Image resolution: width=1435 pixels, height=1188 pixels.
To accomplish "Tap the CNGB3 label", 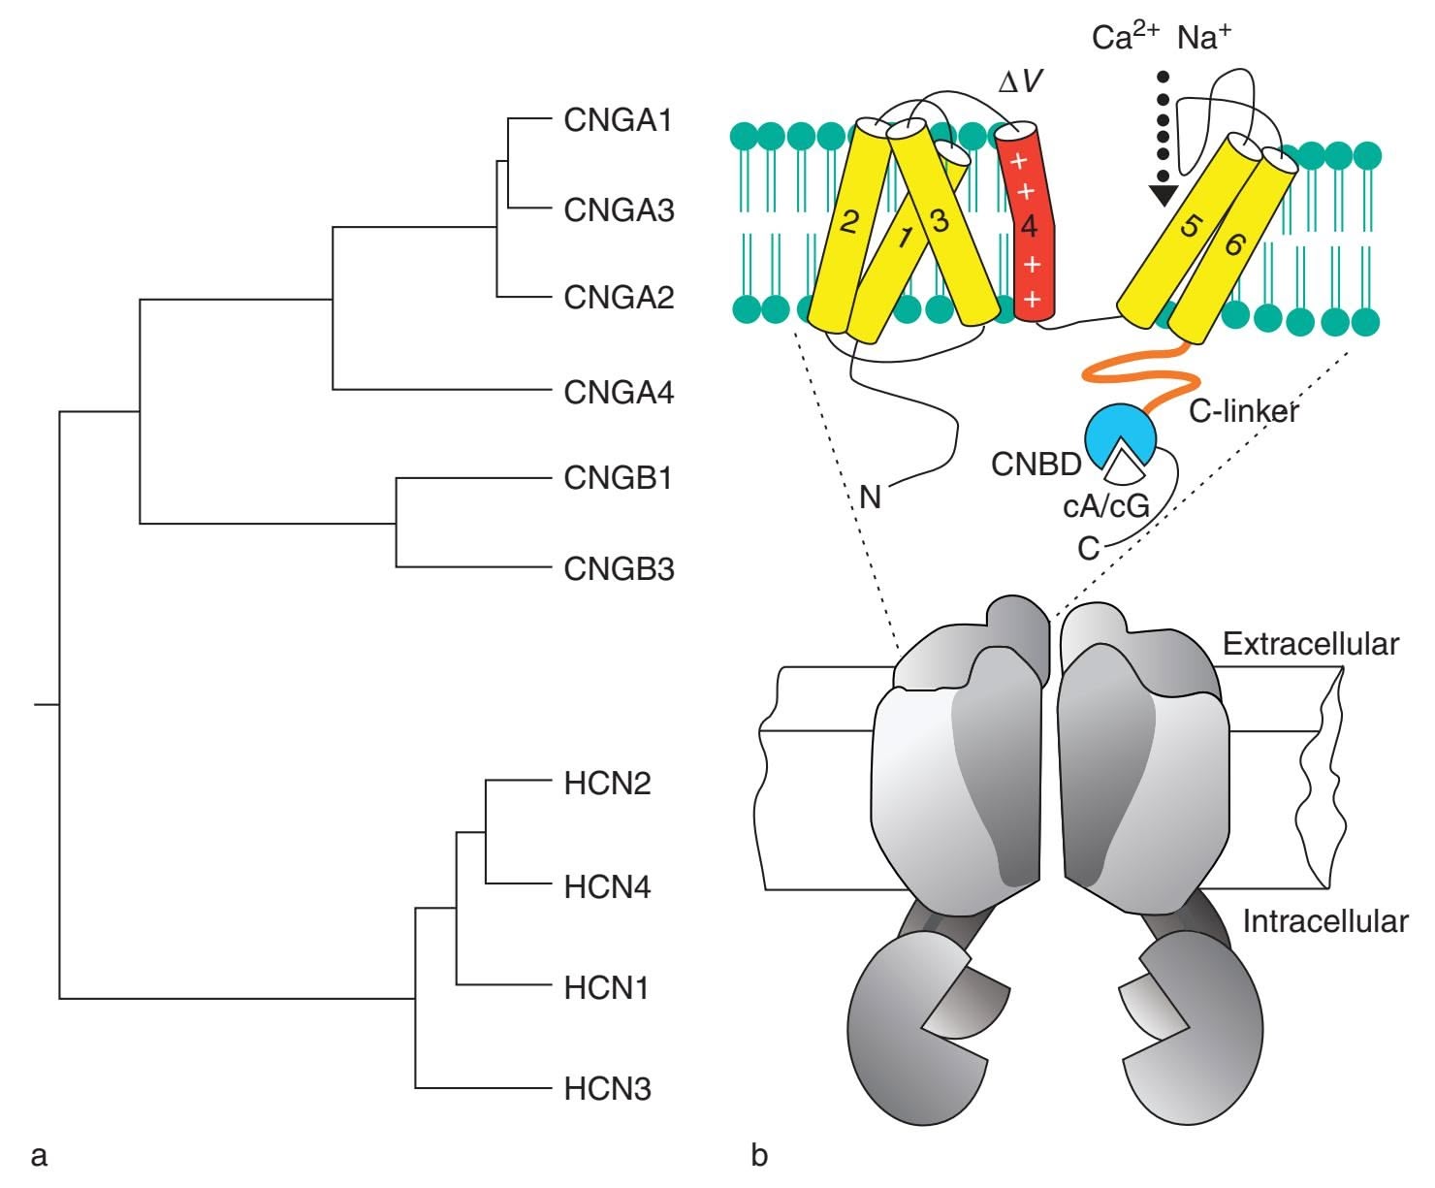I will pyautogui.click(x=618, y=568).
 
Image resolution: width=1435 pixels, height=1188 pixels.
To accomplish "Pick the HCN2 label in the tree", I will pyautogui.click(x=607, y=783).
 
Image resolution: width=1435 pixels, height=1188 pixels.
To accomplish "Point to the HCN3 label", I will pyautogui.click(x=607, y=1089).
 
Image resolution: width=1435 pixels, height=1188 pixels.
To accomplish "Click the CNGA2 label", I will pyautogui.click(x=618, y=297).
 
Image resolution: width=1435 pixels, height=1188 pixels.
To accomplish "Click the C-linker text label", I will pyautogui.click(x=1244, y=411).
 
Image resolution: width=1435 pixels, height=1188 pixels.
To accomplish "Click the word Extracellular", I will pyautogui.click(x=1310, y=644).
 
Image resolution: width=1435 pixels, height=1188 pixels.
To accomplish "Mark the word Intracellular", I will pyautogui.click(x=1324, y=920).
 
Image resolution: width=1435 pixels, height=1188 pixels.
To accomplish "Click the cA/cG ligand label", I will pyautogui.click(x=1106, y=506).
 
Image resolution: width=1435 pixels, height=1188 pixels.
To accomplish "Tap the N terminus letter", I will pyautogui.click(x=870, y=498).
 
